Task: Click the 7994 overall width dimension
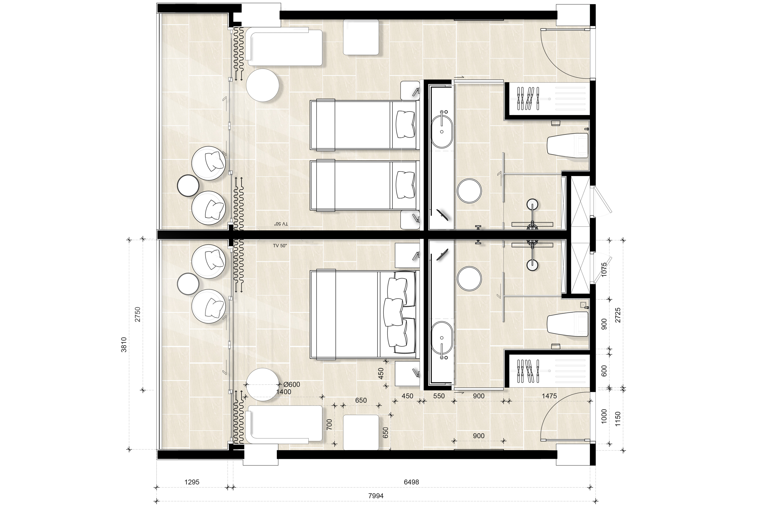click(376, 496)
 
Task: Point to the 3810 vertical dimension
click(123, 345)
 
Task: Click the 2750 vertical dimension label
click(138, 314)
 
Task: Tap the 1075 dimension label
click(604, 270)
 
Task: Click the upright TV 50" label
click(280, 246)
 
